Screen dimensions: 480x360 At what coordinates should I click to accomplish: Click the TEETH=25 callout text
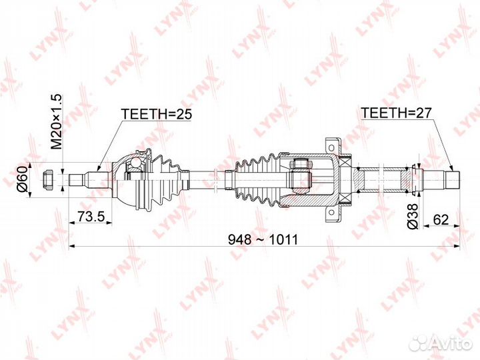pos(157,114)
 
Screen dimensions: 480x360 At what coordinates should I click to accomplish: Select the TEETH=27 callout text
pos(396,113)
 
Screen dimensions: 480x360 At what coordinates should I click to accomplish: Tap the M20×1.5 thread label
pos(56,122)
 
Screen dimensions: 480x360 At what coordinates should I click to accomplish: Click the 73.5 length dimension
pos(91,217)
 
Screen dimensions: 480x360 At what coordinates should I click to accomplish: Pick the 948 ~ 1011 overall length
pos(263,239)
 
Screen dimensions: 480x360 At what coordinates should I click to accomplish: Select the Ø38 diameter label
pos(413,216)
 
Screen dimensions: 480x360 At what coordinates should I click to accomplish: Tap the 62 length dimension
pos(441,219)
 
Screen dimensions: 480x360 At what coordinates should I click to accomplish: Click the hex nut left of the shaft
pos(48,180)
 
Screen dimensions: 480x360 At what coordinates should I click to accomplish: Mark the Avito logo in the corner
pos(441,343)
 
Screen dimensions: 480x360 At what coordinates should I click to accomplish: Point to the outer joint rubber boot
pos(167,180)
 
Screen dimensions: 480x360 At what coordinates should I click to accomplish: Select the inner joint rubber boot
pos(258,181)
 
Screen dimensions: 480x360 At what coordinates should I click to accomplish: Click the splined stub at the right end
pos(452,180)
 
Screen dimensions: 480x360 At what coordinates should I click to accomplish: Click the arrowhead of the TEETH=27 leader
pos(451,168)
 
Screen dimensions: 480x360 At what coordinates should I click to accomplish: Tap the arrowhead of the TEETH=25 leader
pos(99,169)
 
